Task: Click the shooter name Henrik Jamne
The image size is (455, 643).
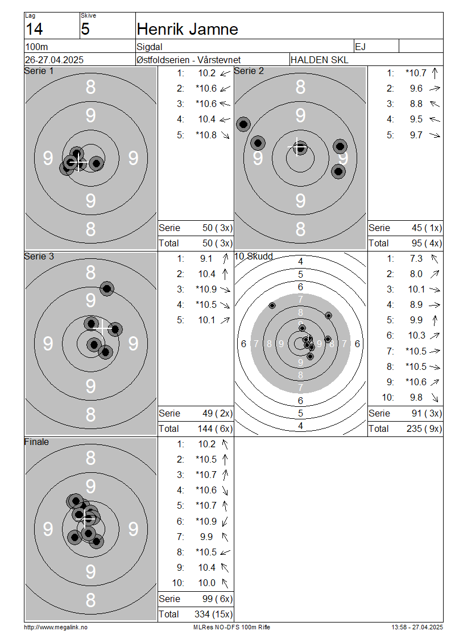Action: coord(187,29)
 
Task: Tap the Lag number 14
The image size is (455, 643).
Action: coord(34,29)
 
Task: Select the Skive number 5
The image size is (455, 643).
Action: coord(85,29)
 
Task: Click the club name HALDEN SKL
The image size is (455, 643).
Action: coord(319,60)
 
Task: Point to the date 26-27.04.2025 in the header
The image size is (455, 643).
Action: coord(54,60)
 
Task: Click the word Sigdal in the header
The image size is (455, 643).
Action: coord(149,47)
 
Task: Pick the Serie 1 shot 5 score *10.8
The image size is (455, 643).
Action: coord(206,135)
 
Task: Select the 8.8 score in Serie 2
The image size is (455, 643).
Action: coord(416,104)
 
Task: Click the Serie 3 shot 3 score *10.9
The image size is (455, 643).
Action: coord(206,289)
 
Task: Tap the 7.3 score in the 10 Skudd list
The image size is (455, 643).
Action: coord(416,258)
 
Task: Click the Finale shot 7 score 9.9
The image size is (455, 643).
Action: coord(206,537)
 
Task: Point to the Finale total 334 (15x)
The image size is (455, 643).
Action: coord(213,614)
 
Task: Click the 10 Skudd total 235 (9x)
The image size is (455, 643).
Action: coord(424,428)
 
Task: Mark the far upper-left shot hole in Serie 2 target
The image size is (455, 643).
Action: coord(243,124)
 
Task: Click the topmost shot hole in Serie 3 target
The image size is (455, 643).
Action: coord(107,288)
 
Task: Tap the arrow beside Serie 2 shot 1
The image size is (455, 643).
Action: coord(435,73)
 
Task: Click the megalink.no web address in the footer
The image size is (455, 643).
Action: coord(56,627)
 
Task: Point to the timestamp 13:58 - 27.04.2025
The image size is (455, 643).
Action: coord(417,627)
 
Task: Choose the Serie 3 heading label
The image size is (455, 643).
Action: coord(39,256)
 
